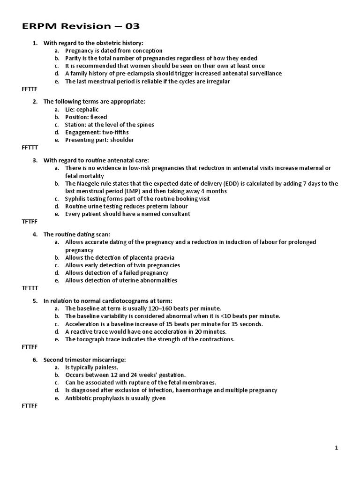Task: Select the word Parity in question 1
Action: (x=74, y=58)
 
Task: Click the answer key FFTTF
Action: (x=30, y=89)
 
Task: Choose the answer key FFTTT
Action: (x=30, y=147)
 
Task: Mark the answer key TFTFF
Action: (x=30, y=221)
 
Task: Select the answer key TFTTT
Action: (x=30, y=287)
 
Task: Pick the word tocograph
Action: (x=90, y=339)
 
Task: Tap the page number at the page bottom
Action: (x=336, y=448)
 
